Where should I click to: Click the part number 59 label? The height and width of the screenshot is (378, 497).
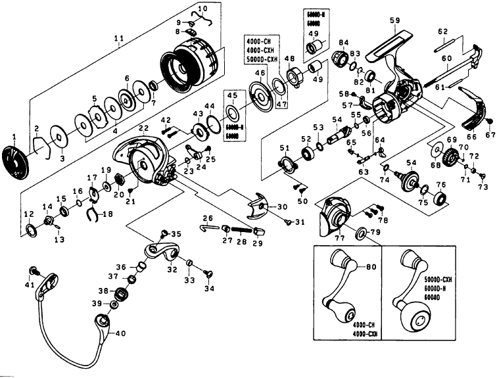tap(394, 20)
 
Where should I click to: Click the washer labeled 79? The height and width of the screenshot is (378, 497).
tap(362, 233)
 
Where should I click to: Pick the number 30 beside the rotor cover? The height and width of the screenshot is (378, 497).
tap(283, 207)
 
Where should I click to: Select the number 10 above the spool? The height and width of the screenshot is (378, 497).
tap(202, 9)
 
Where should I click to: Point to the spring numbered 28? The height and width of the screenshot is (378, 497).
tap(241, 231)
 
